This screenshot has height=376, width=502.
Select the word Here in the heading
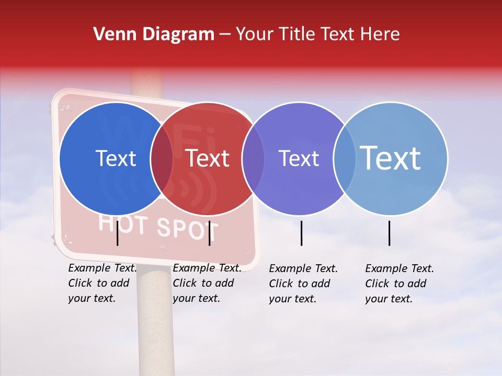click(380, 34)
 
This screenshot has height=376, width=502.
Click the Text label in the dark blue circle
click(116, 158)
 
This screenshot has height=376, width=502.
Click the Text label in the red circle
click(207, 158)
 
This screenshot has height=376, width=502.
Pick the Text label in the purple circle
click(299, 158)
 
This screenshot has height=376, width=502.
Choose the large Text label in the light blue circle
click(391, 158)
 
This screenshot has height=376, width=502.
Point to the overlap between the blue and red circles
click(162, 158)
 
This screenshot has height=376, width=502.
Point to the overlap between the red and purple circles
click(253, 158)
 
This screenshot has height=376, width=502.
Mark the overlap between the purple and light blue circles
click(345, 158)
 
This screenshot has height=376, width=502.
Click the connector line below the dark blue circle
click(118, 233)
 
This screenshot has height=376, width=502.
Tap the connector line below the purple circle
click(302, 233)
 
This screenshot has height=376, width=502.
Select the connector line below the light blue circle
click(390, 233)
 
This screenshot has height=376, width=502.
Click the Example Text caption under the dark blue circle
click(102, 283)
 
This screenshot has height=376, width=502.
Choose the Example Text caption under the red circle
click(207, 283)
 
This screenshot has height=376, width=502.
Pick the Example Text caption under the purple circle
click(303, 284)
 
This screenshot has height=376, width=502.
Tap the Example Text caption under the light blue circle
click(400, 284)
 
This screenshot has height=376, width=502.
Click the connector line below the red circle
click(209, 233)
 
